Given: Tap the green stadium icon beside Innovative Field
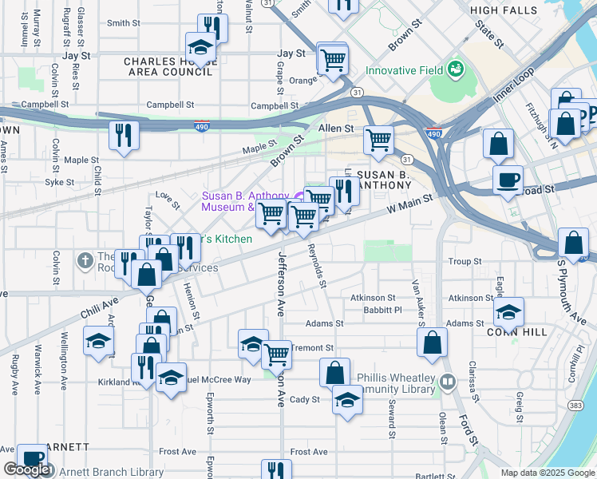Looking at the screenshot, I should [455, 69].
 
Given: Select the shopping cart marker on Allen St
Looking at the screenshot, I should [378, 141].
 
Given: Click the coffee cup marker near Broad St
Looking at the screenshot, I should [507, 180].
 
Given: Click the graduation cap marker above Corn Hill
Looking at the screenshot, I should [508, 311].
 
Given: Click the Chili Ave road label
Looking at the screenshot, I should [98, 308].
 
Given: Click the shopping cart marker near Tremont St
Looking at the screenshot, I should [276, 354].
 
